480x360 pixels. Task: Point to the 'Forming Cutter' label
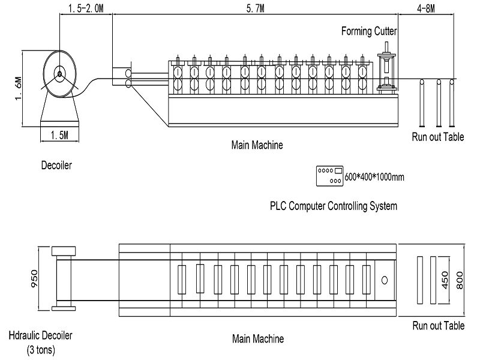369,31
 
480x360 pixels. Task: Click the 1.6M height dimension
19,87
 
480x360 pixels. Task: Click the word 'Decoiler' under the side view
56,165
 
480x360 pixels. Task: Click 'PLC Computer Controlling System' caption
334,206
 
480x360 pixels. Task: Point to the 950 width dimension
34,278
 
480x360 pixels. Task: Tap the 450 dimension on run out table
445,279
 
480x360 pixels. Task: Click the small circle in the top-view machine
385,280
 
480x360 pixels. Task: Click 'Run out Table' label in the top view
438,326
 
